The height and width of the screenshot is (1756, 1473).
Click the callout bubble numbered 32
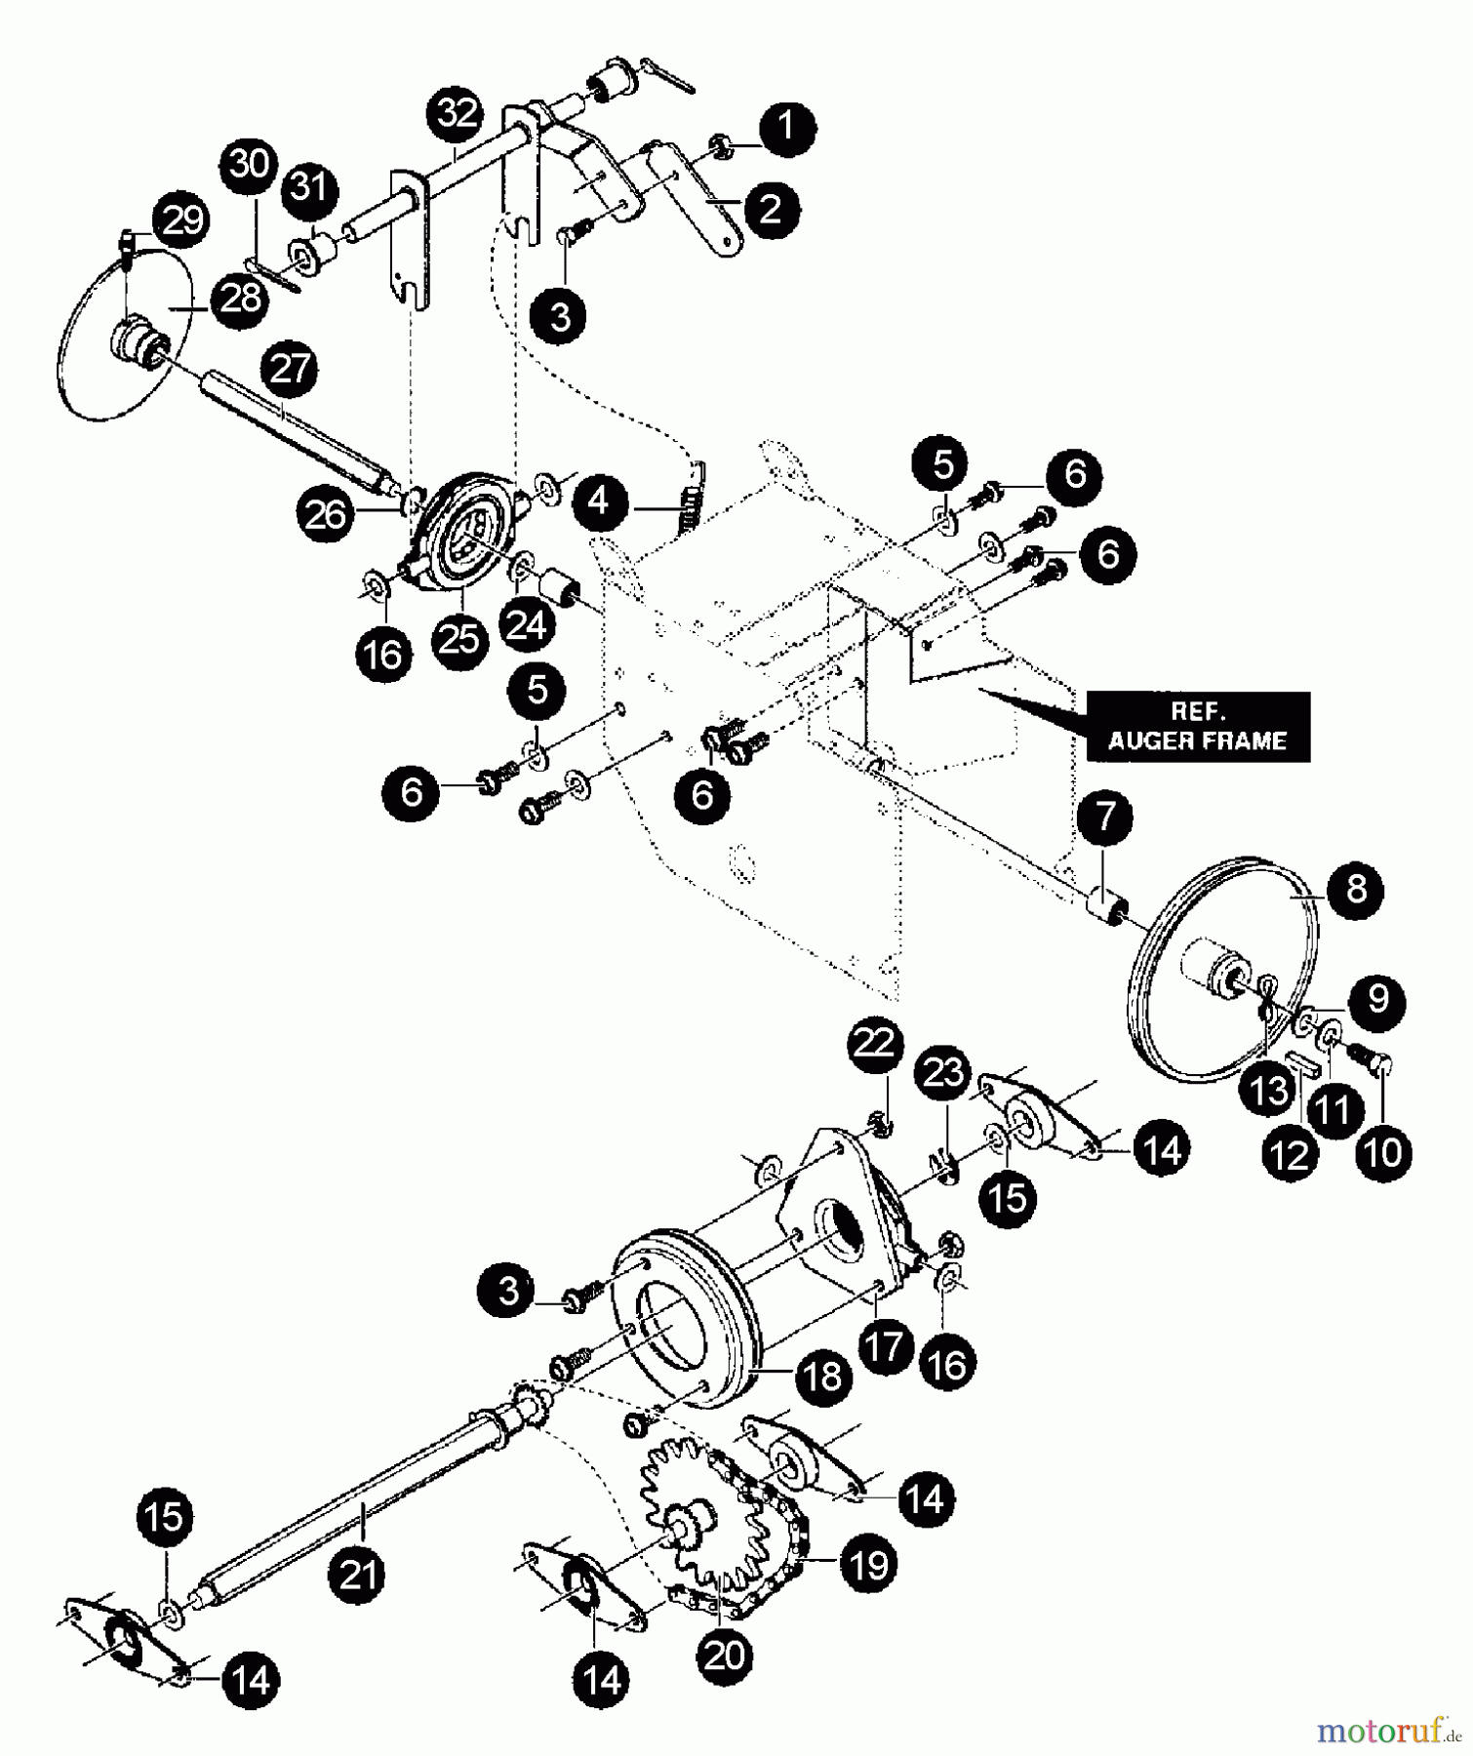point(458,113)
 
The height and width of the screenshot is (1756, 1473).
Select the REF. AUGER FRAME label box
point(1197,727)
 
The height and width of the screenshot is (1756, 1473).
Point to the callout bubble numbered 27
point(291,372)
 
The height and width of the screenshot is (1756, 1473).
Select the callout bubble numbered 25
point(459,639)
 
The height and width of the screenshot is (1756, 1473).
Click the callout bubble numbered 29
point(182,220)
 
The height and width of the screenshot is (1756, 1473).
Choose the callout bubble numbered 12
point(1290,1156)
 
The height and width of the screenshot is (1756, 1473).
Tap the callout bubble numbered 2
point(771,208)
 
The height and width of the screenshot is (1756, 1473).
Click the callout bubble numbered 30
point(248,166)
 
